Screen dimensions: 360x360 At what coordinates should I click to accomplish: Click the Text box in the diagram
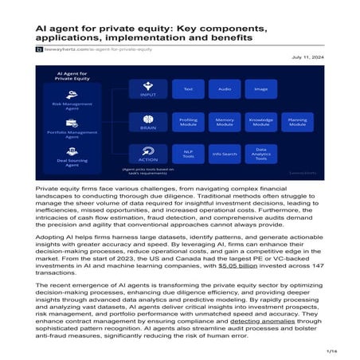[188, 89]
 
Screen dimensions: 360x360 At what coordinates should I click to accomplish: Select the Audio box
[225, 89]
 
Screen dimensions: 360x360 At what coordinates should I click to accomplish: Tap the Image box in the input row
[261, 89]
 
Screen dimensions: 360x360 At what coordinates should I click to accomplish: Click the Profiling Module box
[188, 123]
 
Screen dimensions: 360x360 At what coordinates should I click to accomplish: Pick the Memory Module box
[225, 123]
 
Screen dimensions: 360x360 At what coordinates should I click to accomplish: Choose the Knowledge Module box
[261, 123]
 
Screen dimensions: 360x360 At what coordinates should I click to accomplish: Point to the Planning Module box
[297, 123]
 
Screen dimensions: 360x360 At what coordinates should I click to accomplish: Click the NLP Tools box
[188, 154]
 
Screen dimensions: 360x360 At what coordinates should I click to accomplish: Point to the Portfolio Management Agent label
[72, 134]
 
